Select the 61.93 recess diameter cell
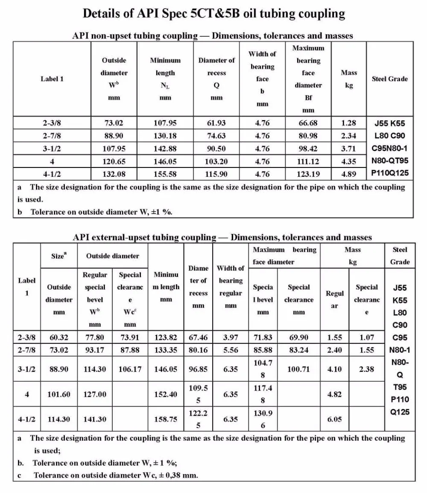[x=216, y=123]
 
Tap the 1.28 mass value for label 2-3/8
[x=348, y=123]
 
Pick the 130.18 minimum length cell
[x=165, y=136]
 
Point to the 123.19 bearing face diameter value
[x=308, y=174]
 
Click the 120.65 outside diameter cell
[x=114, y=161]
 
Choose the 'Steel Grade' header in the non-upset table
[x=389, y=79]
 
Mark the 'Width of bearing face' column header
[x=262, y=79]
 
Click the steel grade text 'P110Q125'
[x=389, y=173]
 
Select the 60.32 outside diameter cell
[x=58, y=337]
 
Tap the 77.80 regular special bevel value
[x=95, y=337]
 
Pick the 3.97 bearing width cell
[x=231, y=337]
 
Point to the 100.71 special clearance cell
[x=298, y=369]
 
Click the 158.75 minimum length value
[x=166, y=419]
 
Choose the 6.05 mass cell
[x=335, y=419]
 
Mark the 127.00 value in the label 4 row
[x=95, y=394]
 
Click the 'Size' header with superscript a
[x=58, y=256]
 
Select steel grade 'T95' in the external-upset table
[x=399, y=387]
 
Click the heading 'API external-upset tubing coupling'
[x=144, y=237]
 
